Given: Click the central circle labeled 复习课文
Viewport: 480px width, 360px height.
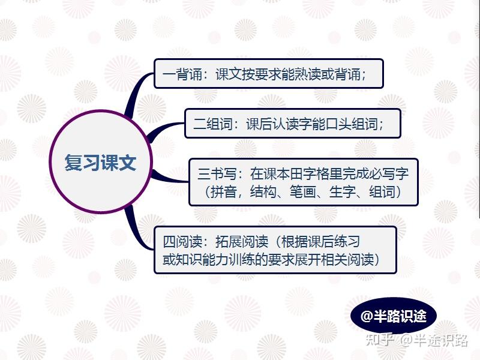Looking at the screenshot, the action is (x=100, y=161).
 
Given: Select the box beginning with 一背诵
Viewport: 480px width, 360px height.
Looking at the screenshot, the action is (x=268, y=73).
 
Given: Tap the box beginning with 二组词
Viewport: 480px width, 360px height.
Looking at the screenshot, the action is (x=293, y=124).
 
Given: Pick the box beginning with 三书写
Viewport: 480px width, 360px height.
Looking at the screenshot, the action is (x=304, y=182).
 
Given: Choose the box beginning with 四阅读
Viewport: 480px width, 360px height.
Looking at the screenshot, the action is (x=275, y=250).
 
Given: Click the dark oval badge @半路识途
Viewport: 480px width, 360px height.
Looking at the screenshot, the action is (x=394, y=316).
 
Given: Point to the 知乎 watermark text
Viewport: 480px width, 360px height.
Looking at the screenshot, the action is (x=380, y=340).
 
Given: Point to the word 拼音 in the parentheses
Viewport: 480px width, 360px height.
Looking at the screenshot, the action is (x=223, y=192).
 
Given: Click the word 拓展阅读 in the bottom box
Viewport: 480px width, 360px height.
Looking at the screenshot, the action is (x=242, y=242).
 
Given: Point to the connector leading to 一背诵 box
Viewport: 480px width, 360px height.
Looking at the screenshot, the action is (x=136, y=91).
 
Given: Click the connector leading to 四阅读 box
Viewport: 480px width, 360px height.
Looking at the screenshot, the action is (x=136, y=230).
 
